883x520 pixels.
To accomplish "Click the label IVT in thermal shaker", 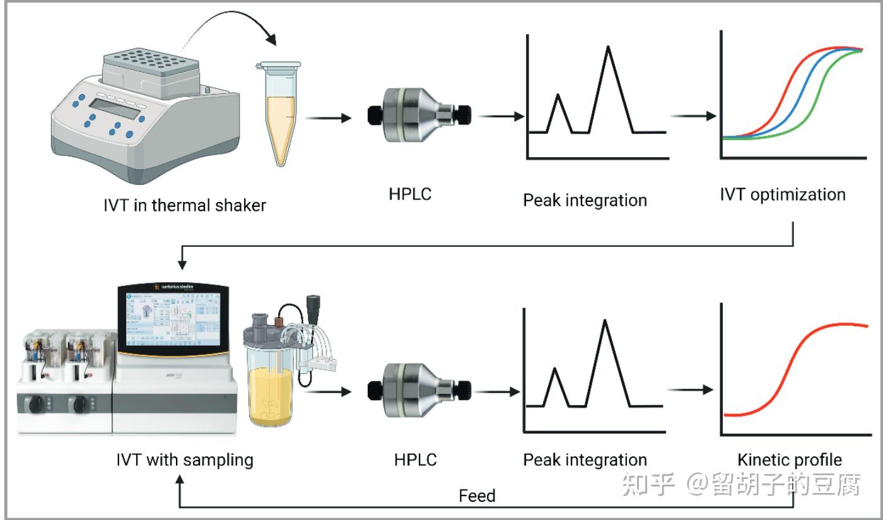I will pyautogui.click(x=185, y=206).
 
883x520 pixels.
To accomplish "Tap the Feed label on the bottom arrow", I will pyautogui.click(x=477, y=495).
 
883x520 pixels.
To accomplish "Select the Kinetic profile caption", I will pyautogui.click(x=789, y=460).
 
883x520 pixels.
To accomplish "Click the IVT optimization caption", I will pyautogui.click(x=783, y=194).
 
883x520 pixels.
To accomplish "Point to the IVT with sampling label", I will pyautogui.click(x=185, y=460).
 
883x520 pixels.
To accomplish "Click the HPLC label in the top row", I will pyautogui.click(x=410, y=194).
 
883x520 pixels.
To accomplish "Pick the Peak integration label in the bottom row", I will pyautogui.click(x=585, y=460).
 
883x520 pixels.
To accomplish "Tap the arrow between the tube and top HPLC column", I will pyautogui.click(x=328, y=117).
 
